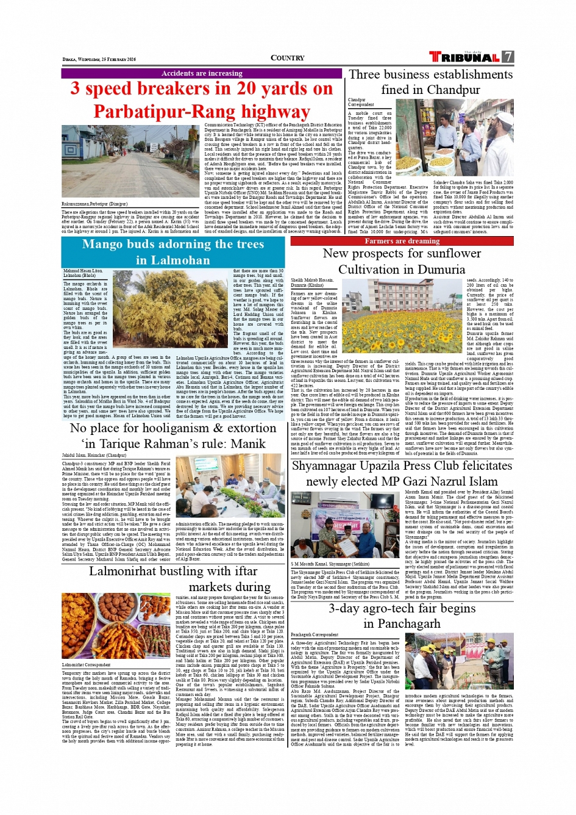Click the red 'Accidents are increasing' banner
pos(202,73)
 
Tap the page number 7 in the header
pos(508,57)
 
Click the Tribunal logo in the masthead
pos(464,57)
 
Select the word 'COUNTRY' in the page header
pos(287,58)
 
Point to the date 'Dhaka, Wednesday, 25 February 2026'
pos(99,59)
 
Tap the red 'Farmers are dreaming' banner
pos(402,241)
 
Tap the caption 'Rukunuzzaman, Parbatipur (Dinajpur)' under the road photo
pos(94,204)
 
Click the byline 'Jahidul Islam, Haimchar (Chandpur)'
pos(94,455)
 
